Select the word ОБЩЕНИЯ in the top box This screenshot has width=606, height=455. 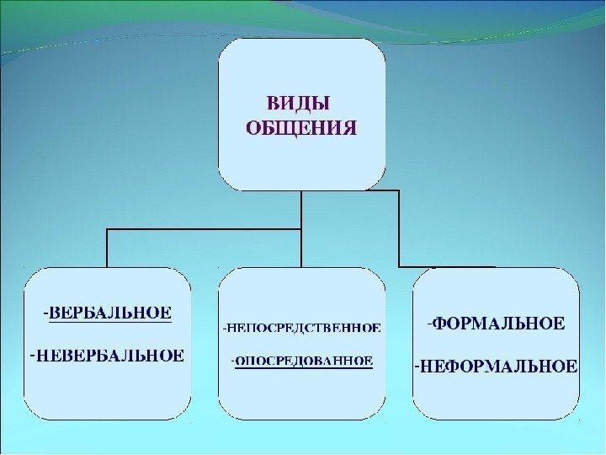(300, 128)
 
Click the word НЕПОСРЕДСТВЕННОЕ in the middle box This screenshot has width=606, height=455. (304, 325)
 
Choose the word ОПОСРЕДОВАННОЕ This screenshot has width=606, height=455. (305, 361)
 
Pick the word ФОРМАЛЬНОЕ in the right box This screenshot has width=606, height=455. (499, 323)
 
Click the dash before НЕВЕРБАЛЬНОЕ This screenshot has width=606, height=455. (31, 353)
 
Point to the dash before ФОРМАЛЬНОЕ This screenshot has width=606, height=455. (428, 322)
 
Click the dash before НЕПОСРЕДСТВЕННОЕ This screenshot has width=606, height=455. (224, 325)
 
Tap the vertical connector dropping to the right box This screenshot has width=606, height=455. (399, 227)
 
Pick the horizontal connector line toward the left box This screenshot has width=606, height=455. (202, 229)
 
